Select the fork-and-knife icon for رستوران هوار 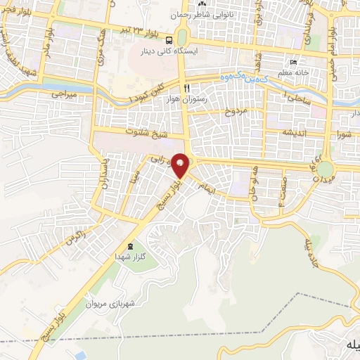point(186,88)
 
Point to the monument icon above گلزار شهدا point(130,246)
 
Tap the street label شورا point(343,133)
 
